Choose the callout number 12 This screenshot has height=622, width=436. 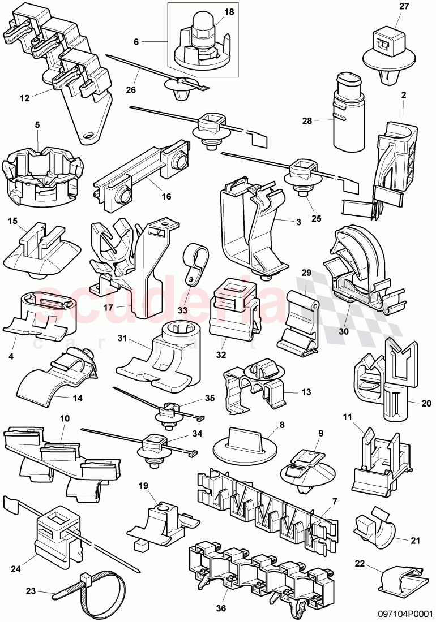click(x=24, y=98)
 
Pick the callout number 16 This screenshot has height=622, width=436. click(x=166, y=197)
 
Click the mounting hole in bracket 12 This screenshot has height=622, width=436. click(x=87, y=136)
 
